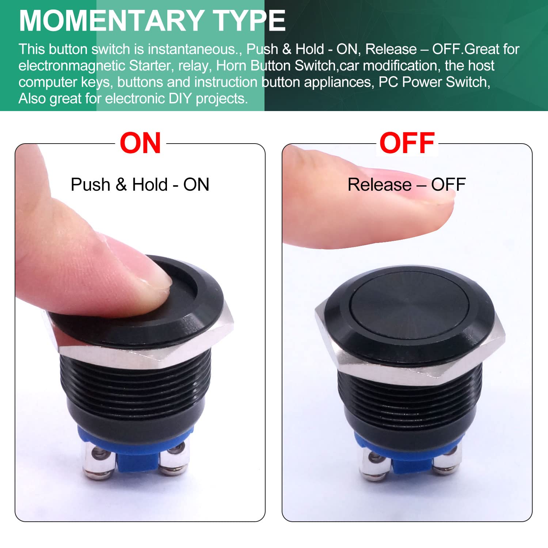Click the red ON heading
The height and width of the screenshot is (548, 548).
point(140,143)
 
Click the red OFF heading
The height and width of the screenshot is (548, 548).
point(407,143)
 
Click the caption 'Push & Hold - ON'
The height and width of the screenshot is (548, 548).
point(140,184)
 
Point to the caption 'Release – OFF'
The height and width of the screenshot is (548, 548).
point(407,184)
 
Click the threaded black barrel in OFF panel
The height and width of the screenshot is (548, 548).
point(409,406)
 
